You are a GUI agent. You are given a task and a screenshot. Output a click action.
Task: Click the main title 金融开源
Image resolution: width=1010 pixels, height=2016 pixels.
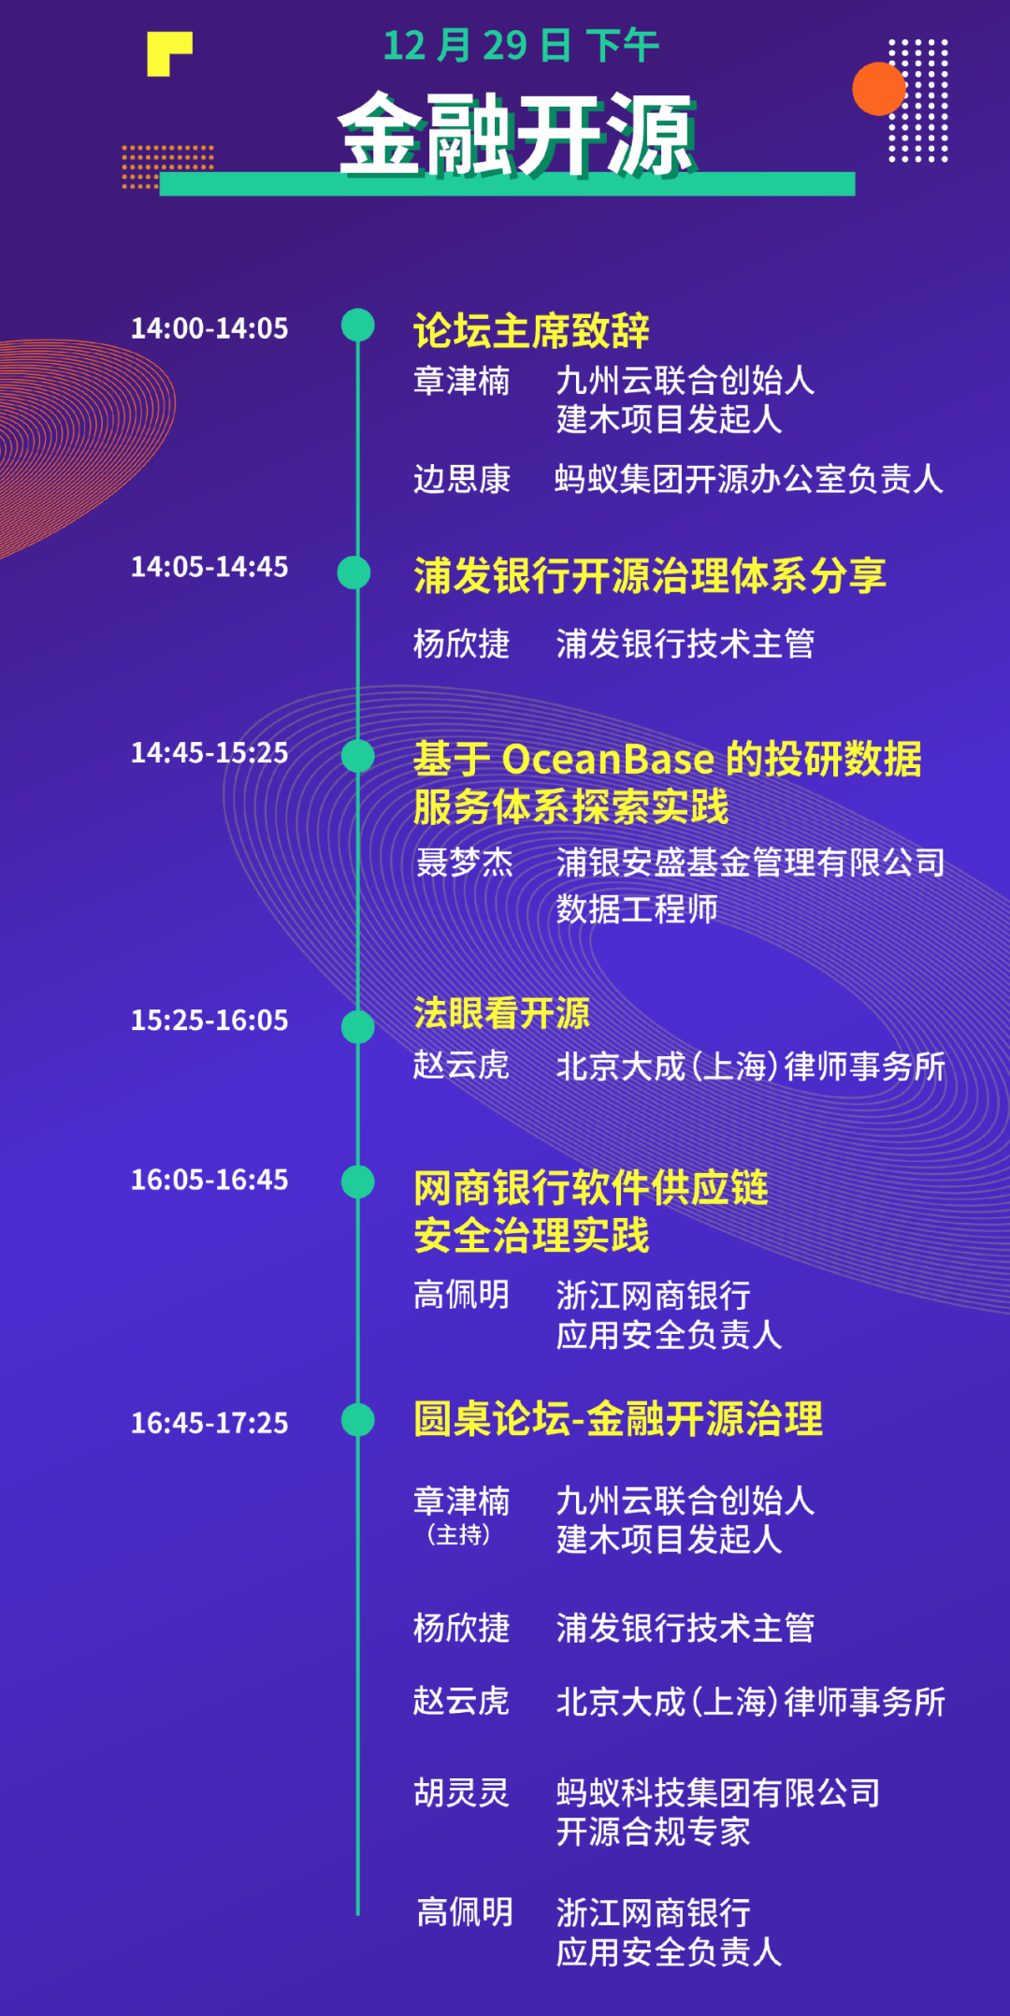pos(516,135)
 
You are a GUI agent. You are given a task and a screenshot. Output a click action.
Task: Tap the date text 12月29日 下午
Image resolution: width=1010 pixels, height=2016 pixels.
pos(521,46)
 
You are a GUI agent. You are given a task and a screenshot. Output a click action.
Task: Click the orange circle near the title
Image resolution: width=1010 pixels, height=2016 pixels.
pos(879,89)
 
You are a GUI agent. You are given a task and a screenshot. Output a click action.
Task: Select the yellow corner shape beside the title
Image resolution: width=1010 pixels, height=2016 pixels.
pos(169,54)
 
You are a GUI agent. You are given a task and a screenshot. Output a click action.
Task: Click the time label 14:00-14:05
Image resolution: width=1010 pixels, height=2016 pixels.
pos(209,328)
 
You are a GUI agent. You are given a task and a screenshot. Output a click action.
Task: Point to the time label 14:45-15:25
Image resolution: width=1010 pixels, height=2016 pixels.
pos(209,753)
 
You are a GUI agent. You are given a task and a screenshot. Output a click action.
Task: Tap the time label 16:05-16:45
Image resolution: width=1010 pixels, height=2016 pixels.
pos(209,1180)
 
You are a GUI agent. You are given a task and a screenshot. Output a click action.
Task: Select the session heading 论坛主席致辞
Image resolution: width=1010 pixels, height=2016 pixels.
pos(531,330)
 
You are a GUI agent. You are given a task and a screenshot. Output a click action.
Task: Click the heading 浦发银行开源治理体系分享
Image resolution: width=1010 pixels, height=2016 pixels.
pos(650,575)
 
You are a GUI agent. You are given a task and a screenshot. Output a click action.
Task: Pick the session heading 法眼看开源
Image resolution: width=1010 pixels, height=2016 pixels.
pos(501,1013)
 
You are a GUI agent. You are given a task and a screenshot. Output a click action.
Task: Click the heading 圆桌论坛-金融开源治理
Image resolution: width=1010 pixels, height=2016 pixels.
pos(618,1418)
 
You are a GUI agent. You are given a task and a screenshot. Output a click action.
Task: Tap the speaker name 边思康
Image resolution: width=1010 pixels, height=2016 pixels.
pos(462,479)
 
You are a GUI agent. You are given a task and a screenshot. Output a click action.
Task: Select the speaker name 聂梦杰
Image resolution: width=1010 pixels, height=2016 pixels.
pos(465,862)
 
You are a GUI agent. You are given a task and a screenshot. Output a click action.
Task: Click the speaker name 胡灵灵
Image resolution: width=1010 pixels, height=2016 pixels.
pos(462,1792)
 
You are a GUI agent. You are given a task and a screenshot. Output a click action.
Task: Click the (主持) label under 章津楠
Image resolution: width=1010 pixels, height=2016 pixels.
pos(458,1535)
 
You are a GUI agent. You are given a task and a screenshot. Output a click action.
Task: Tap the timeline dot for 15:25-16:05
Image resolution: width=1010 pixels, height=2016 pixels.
pos(358,1026)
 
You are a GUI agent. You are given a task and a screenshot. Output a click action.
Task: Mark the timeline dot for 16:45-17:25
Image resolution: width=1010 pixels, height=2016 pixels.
pos(358,1419)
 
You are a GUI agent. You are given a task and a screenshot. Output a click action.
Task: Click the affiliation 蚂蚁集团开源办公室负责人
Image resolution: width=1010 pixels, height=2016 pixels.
pos(749,479)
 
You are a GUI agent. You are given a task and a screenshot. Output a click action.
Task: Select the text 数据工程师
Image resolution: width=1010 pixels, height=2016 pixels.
pos(637,908)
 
